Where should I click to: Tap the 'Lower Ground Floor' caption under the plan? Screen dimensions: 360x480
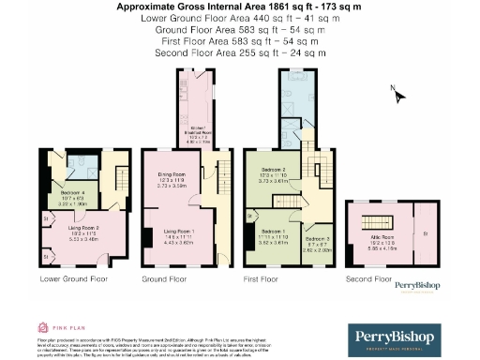[x=73, y=278]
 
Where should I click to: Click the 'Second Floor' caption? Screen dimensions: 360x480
[x=367, y=278]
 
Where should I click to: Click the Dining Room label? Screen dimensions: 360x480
[x=171, y=179]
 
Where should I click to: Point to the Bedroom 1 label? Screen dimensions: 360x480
[x=273, y=233]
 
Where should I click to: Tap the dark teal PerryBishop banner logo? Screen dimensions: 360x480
[x=406, y=337]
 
